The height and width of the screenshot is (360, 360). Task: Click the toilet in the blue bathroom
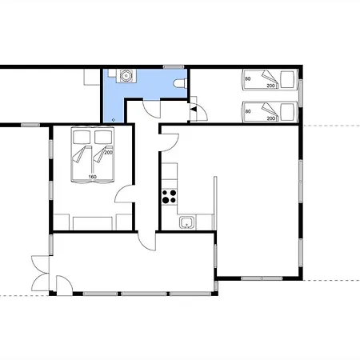coord(180,83)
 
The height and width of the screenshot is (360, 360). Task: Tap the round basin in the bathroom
coord(126,75)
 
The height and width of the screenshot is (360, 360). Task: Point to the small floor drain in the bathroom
coord(114,120)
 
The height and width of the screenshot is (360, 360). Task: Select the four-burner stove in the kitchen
coord(170,197)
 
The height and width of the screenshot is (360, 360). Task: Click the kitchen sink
coord(187,222)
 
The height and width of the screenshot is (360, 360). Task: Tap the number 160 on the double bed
coord(92,177)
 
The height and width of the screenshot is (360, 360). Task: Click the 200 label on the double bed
coord(108,153)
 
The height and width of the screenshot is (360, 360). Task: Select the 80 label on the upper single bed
coord(248,79)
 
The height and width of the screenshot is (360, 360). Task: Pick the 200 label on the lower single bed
coord(270,118)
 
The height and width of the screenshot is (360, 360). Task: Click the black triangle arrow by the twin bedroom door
coord(194,109)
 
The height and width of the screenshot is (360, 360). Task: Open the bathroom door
coord(152,108)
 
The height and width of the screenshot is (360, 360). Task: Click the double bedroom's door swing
coord(124,194)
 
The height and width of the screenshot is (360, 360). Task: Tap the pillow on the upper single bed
coord(288,79)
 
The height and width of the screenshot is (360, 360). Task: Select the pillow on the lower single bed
coord(288,112)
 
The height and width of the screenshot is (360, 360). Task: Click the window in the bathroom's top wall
coord(174,66)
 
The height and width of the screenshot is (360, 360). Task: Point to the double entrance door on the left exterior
coord(40,274)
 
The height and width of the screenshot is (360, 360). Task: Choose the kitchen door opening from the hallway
coord(170,142)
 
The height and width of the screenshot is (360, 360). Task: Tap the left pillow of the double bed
coord(82,138)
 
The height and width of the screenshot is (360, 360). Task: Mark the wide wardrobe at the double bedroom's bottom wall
coord(93,223)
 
